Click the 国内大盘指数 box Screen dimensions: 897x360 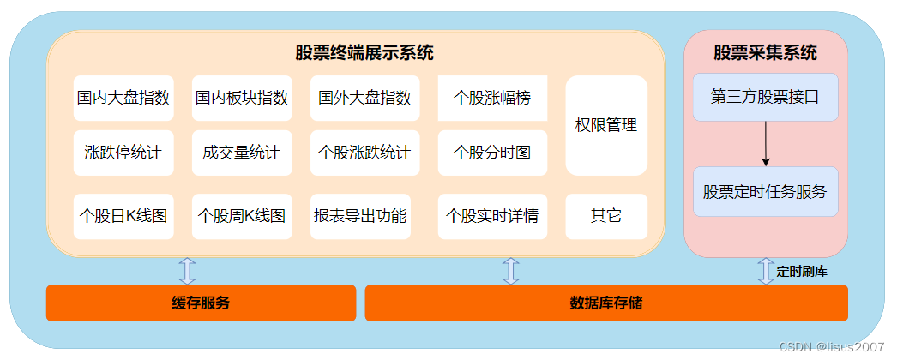123,98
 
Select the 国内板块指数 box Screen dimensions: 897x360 242,98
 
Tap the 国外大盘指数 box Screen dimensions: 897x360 364,98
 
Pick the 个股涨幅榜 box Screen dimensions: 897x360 492,98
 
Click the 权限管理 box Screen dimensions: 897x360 606,125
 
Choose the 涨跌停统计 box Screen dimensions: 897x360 123,153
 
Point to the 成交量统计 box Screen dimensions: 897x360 242,153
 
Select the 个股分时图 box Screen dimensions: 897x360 492,153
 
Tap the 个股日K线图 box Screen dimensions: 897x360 123,216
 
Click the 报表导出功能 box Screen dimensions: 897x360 360,216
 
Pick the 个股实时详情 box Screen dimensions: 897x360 492,216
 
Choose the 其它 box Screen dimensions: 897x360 606,216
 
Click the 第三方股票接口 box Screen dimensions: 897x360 765,97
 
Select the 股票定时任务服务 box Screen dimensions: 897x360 765,191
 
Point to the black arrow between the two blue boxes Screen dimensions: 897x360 766,144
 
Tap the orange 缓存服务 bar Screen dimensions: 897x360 201,303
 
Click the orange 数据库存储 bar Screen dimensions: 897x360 606,303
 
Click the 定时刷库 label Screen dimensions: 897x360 802,272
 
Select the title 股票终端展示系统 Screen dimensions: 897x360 364,53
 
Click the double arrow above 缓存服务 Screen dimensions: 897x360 187,271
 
